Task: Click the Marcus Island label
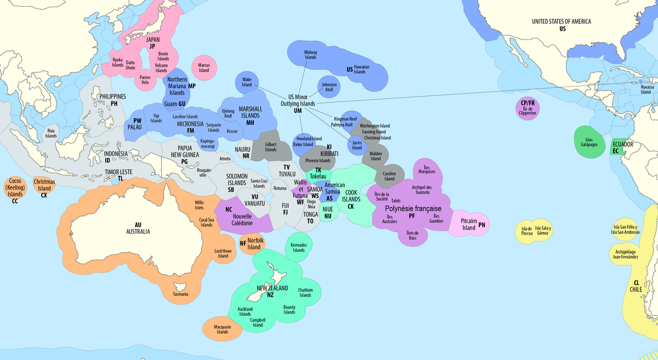(204, 67)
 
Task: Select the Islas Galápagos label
(588, 142)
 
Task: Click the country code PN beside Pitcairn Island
(482, 225)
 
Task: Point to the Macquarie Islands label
(222, 329)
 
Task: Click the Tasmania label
(180, 294)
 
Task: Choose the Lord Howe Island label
(223, 253)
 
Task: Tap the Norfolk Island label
(254, 244)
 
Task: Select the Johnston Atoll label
(329, 87)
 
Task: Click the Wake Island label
(247, 82)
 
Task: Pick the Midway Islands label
(310, 54)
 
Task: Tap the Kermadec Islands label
(298, 247)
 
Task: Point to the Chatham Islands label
(305, 293)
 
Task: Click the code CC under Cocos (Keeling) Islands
(15, 201)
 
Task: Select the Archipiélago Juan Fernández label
(625, 254)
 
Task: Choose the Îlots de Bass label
(412, 235)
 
